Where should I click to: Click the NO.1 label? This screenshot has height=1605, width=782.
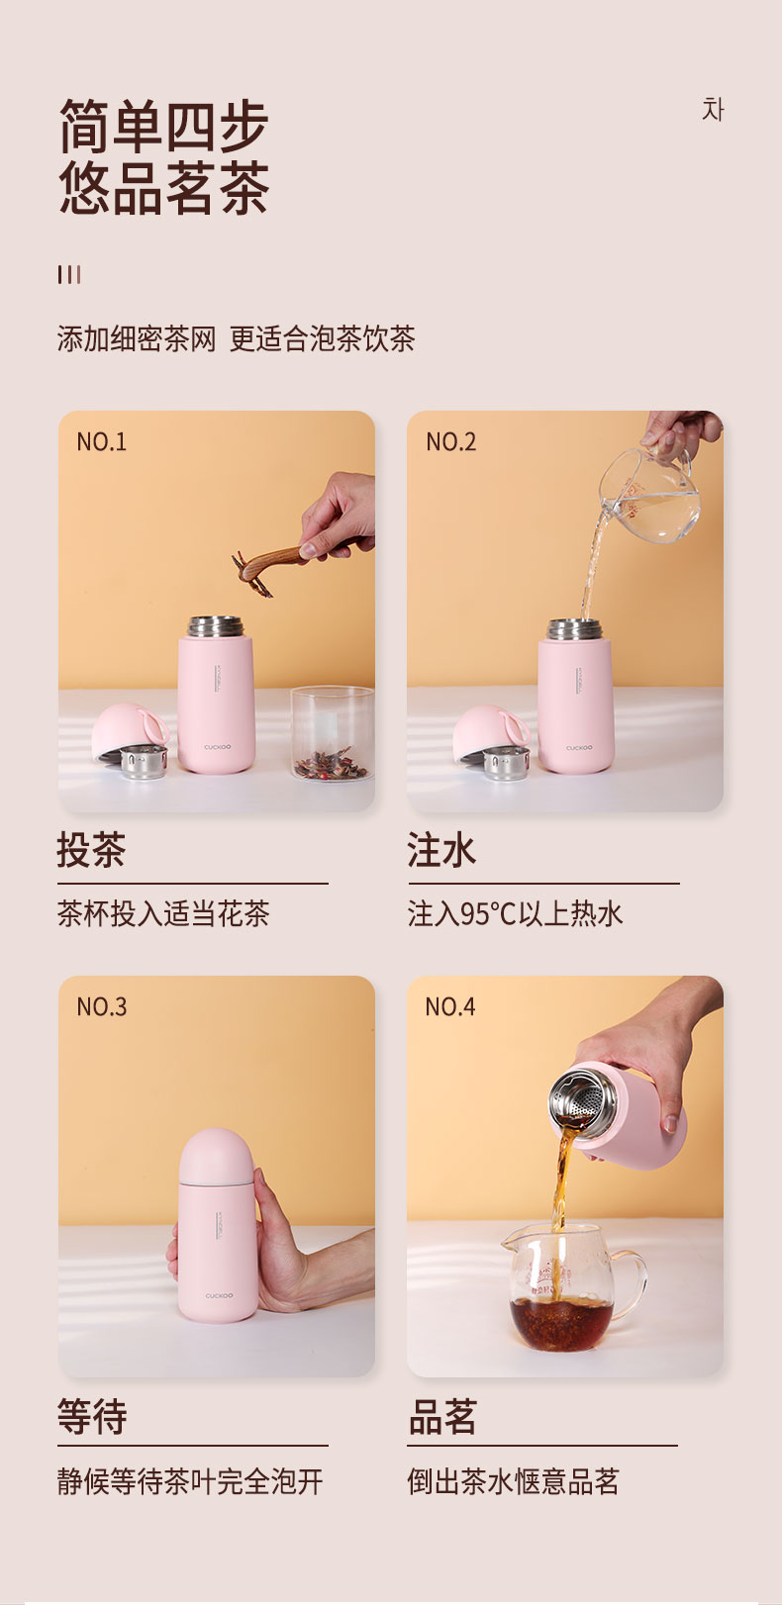(101, 441)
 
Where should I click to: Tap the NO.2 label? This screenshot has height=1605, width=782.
(450, 441)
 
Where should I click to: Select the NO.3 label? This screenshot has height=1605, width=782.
(102, 1006)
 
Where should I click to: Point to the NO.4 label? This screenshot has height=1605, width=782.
(450, 1006)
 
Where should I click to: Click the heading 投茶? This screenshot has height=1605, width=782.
(92, 850)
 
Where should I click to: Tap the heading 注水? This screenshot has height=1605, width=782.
(441, 850)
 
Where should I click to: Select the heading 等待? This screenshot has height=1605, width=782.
(92, 1416)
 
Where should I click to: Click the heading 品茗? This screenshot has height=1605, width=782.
(442, 1416)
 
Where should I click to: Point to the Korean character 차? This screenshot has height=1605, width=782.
(713, 109)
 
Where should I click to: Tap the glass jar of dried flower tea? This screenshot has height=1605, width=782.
(332, 733)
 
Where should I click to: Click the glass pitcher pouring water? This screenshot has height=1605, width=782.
(648, 495)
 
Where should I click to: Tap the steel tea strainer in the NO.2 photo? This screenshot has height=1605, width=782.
(505, 762)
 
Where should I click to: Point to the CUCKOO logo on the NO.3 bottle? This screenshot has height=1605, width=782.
(219, 1295)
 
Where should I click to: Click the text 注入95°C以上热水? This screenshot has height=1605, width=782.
(516, 913)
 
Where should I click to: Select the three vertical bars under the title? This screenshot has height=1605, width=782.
(69, 274)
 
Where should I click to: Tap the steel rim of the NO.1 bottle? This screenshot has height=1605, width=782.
(215, 626)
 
